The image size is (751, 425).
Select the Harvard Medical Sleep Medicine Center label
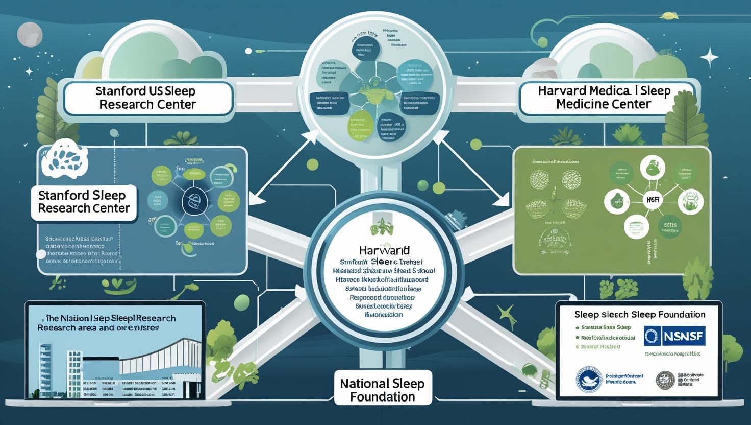click(604, 98)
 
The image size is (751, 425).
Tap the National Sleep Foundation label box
click(382, 390)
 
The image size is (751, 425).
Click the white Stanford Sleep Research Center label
click(84, 202)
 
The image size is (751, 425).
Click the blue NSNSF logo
click(674, 336)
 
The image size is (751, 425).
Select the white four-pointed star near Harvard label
click(710, 57)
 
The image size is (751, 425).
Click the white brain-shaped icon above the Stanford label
click(65, 158)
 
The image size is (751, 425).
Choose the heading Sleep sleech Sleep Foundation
click(639, 315)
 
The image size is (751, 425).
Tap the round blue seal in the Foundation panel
click(589, 380)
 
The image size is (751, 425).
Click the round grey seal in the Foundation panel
click(665, 380)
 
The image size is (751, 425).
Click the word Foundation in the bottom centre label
click(382, 397)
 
